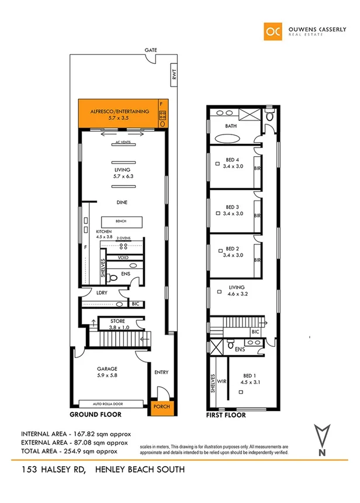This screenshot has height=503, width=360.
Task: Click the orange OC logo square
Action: tap(272, 30)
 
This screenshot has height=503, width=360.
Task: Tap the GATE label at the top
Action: tap(151, 51)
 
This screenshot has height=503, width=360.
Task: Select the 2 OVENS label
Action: tap(123, 237)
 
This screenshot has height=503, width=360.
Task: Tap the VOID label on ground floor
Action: tap(123, 257)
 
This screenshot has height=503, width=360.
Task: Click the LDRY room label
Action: tap(101, 294)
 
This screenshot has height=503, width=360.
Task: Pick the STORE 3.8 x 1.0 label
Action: tap(117, 324)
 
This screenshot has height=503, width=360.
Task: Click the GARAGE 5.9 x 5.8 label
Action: tap(107, 372)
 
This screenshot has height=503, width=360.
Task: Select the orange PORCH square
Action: tap(159, 407)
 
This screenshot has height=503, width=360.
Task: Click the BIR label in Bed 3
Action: tap(257, 215)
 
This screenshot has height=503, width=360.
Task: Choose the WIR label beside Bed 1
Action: tap(222, 381)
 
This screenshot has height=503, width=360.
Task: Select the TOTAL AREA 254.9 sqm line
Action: tap(69, 450)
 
